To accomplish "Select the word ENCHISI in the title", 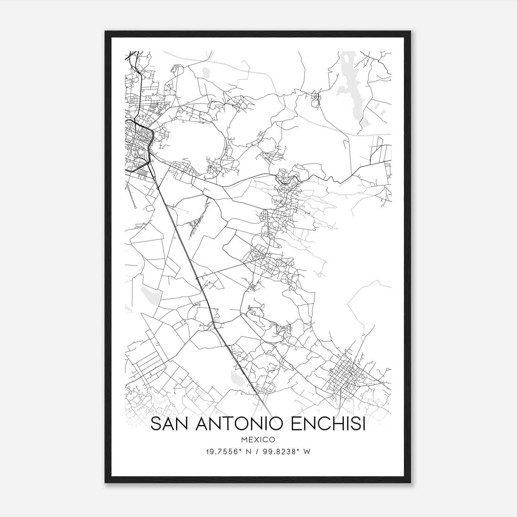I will click(x=328, y=424).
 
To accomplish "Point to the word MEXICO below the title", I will click(x=258, y=439).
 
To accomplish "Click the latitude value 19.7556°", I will click(x=224, y=452).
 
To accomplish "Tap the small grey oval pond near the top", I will click(x=206, y=72).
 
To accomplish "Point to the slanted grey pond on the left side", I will click(x=151, y=296).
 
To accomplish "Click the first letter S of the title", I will click(x=155, y=424).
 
